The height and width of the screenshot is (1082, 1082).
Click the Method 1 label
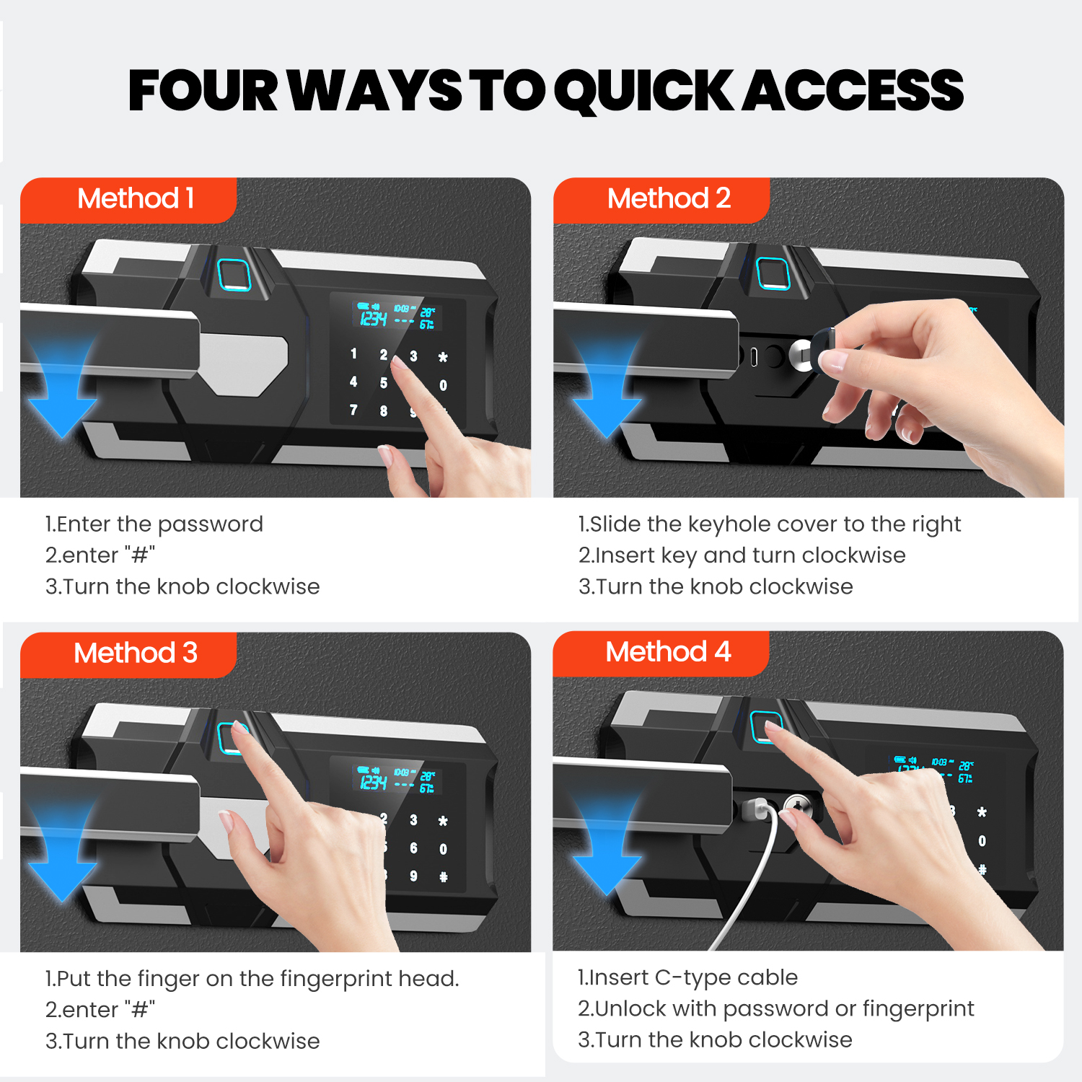136,198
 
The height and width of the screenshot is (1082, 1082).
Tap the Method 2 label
669,198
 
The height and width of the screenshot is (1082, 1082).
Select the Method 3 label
136,653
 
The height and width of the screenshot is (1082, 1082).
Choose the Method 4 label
668,651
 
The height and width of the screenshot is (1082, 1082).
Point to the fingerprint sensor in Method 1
234,274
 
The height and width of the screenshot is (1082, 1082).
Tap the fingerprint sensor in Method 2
773,273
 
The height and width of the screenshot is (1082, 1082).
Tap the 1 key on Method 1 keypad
353,353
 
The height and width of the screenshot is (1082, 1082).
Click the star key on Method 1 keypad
443,357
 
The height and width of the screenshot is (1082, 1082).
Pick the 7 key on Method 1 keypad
353,410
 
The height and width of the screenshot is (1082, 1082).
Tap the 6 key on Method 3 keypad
413,848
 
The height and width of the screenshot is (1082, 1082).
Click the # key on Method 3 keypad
443,876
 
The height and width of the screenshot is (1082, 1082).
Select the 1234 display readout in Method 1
373,318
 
